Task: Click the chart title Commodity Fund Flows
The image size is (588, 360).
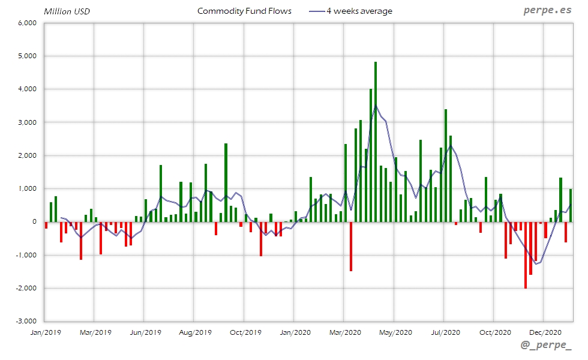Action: coord(244,11)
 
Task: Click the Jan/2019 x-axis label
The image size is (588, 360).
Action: coord(45,331)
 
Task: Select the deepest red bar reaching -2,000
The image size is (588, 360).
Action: coord(526,255)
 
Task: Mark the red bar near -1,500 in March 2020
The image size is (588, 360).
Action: coord(351,246)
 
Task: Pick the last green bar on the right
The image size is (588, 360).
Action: coord(571,205)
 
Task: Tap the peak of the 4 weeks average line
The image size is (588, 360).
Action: coord(376,106)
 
